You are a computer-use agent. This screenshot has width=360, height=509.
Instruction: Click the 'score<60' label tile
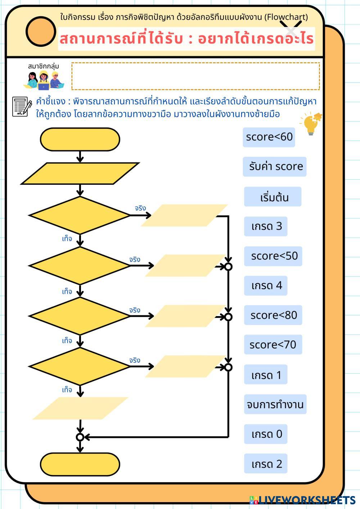[x=269, y=137]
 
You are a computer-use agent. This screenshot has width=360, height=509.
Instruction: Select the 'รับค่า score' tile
[x=274, y=167]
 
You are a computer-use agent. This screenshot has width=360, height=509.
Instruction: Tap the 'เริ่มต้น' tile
[x=273, y=197]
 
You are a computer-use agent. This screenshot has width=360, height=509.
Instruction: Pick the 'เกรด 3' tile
[x=266, y=226]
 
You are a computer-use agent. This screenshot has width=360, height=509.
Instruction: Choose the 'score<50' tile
[x=273, y=256]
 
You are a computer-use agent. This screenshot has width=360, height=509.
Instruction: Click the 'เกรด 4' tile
[x=266, y=286]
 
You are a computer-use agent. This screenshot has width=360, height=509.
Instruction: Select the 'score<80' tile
[x=273, y=315]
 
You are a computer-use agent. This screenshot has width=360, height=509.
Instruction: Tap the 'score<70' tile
[x=273, y=345]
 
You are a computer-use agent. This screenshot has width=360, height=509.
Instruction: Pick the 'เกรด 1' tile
[x=266, y=375]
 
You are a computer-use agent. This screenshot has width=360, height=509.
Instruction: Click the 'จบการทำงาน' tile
[x=275, y=404]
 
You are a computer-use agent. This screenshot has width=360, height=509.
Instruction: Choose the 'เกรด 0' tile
[x=266, y=434]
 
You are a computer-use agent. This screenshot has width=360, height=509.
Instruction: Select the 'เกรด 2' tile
[x=266, y=464]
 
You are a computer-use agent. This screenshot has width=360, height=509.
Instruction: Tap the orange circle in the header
[x=41, y=31]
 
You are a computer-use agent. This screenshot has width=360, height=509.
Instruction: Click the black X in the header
[x=291, y=28]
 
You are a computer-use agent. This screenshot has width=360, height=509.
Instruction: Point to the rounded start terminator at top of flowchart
[x=80, y=139]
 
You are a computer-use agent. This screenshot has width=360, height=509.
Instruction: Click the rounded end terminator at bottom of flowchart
[x=80, y=464]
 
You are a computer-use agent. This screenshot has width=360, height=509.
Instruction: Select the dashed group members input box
[x=195, y=76]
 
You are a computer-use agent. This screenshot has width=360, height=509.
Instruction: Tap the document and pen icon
[x=22, y=107]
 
